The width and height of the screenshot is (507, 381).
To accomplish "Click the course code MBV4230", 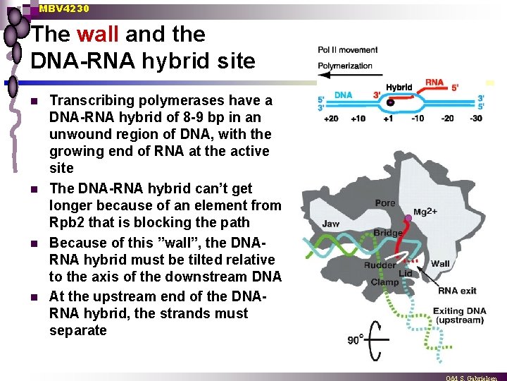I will [64, 8].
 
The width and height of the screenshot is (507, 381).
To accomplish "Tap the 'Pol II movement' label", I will [348, 50].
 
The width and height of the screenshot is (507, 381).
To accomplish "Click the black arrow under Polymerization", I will [346, 75].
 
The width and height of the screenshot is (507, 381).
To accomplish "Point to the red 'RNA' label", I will [434, 83].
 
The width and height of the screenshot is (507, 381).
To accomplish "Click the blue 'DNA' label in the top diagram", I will [343, 95].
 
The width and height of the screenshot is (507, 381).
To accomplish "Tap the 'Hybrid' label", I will [399, 87].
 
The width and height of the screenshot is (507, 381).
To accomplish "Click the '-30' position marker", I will [476, 118].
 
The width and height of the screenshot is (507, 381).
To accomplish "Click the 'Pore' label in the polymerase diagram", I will [385, 202].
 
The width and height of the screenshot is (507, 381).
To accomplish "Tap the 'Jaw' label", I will [331, 224].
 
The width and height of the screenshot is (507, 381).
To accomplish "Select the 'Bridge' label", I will [388, 233].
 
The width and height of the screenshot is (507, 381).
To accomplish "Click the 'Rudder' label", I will [379, 265].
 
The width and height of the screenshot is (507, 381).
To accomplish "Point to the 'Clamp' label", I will [385, 282].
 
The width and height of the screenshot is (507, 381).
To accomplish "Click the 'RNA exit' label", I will [457, 290].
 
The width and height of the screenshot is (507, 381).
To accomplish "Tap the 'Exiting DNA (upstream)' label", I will [459, 315].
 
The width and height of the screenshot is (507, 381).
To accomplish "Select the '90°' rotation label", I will [355, 339].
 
